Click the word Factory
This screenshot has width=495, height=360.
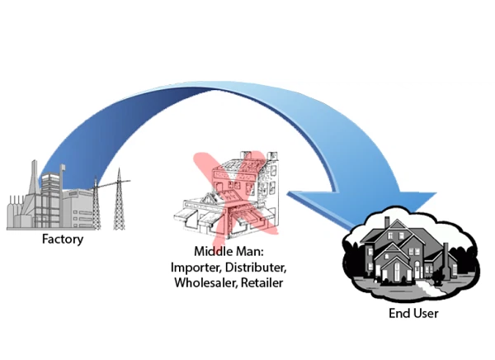coord(63,240)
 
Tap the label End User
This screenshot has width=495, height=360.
coord(413,314)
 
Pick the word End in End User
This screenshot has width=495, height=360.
coord(398,314)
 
